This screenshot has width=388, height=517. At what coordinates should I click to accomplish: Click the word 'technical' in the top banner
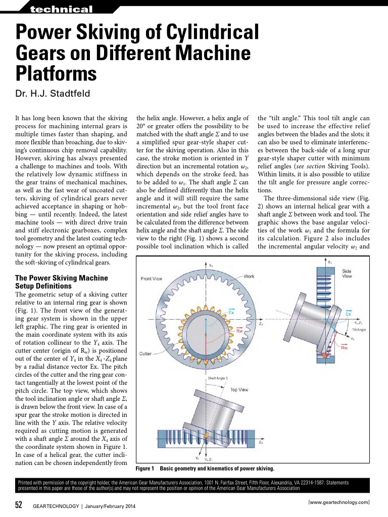(61, 10)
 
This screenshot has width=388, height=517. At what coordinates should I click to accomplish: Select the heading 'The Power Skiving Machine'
(62, 278)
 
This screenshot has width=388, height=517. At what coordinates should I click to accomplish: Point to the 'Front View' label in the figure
(152, 279)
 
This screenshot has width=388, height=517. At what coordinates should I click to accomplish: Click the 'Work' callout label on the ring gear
(249, 276)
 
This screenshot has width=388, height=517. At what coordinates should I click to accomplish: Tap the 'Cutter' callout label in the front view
(146, 353)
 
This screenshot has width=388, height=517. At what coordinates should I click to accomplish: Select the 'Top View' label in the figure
(239, 390)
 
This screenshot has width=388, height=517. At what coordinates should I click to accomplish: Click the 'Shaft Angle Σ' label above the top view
(218, 378)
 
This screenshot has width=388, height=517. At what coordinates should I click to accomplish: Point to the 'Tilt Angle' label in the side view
(359, 329)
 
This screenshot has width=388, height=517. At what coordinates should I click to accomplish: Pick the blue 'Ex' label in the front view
(231, 312)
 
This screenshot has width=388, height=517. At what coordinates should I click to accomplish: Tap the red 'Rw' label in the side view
(345, 347)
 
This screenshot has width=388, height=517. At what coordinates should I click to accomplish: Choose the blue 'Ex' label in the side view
(348, 314)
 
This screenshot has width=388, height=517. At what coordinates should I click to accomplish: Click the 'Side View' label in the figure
(347, 274)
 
